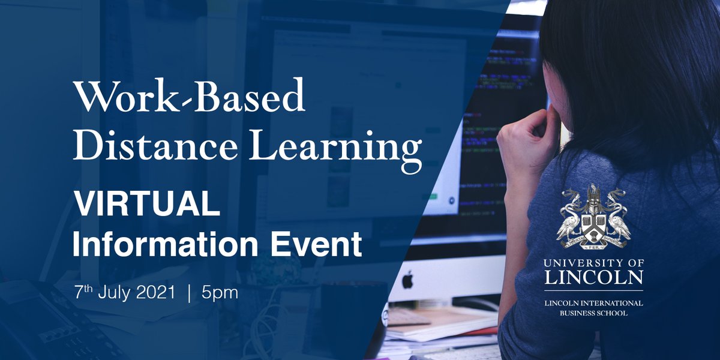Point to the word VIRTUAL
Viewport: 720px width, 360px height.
tap(146, 206)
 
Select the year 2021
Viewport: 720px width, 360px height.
tap(158, 293)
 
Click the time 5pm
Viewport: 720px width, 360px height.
tap(221, 293)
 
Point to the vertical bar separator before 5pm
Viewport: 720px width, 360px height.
tap(190, 293)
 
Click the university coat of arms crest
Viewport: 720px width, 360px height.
tap(593, 220)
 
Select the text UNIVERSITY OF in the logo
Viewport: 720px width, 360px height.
tap(593, 262)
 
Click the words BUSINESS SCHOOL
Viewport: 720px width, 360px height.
tap(593, 313)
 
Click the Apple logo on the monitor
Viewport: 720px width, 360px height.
tap(407, 280)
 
